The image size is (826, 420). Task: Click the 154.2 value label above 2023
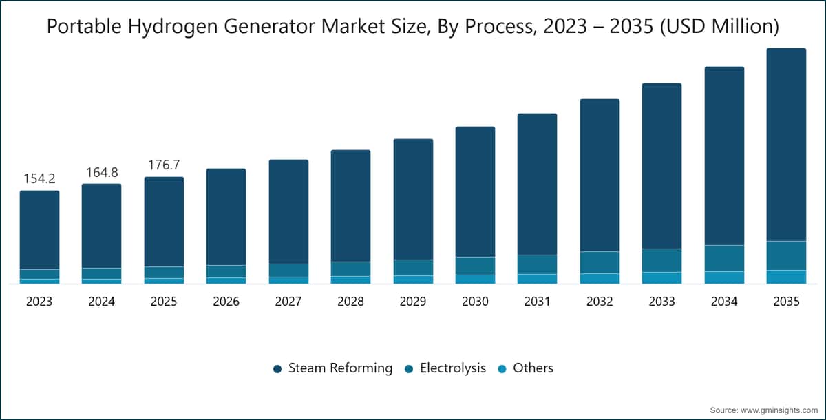coord(39,179)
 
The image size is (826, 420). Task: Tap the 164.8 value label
coord(102,172)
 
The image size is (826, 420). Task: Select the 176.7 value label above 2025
coord(164,165)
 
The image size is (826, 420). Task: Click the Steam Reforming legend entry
coord(332,368)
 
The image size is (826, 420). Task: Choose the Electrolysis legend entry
coord(445,368)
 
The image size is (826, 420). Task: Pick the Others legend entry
coord(525,368)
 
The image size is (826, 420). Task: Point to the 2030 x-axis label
coord(475,302)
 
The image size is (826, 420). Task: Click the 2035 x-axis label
coord(786,302)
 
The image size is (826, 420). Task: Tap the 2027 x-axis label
coord(288,302)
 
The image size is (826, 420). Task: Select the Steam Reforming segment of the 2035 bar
coord(786,145)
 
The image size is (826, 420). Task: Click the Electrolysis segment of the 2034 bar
coord(724,258)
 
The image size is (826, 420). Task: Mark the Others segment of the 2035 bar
coord(786,277)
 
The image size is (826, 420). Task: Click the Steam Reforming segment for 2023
coord(39,230)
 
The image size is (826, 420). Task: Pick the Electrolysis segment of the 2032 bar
coord(600,262)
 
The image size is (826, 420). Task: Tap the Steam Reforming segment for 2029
coord(413,199)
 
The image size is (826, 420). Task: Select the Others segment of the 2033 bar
coord(662,278)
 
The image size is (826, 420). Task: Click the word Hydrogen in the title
coord(173,27)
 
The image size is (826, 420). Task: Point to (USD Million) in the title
coord(719,27)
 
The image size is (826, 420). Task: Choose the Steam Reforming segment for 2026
coord(226,217)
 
